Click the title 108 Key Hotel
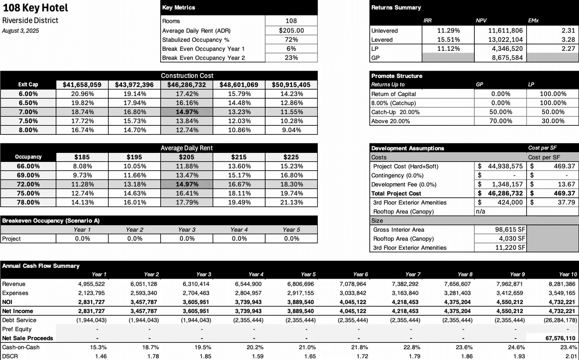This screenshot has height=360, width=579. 35,8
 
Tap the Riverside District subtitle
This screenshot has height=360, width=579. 30,21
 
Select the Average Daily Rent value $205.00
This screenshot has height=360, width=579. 291,30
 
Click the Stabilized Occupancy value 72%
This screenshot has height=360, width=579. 291,40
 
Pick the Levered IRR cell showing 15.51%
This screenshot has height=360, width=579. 448,40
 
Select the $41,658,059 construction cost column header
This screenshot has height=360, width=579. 82,85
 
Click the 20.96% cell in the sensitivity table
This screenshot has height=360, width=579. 82,94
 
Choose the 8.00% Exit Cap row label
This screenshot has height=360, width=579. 28,130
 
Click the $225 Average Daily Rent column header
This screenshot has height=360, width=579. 291,157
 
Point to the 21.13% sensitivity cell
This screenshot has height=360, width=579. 291,202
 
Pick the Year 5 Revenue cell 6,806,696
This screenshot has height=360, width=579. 301,284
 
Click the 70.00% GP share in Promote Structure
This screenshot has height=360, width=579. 501,121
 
